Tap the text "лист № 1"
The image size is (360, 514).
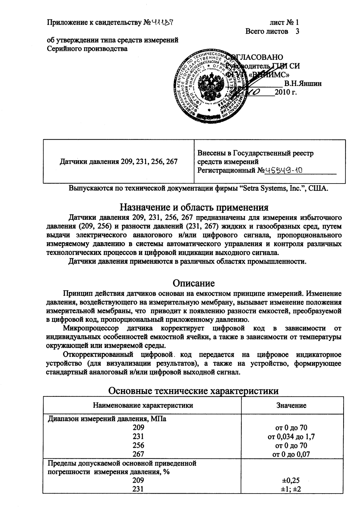284,23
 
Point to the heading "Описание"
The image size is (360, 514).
194,283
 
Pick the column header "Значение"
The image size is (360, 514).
291,405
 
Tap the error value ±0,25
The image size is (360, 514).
291,480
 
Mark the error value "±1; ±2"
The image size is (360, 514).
291,489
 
